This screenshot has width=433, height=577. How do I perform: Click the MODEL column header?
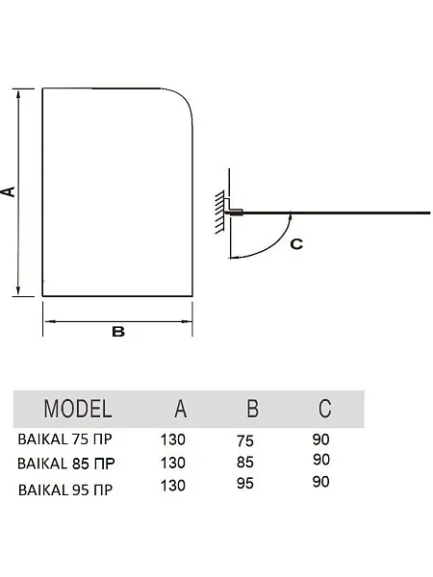[78, 409]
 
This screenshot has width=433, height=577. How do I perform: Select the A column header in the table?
[181, 409]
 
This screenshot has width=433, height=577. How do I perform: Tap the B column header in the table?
[252, 409]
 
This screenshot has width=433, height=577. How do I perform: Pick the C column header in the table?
[325, 409]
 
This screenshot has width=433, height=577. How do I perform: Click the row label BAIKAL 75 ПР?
[64, 439]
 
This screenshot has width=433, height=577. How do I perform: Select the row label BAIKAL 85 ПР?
[66, 464]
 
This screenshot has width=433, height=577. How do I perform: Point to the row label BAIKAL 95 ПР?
[65, 489]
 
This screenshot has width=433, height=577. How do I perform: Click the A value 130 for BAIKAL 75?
[172, 439]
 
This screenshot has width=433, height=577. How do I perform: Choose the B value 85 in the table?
[244, 463]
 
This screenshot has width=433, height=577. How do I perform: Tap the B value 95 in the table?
[244, 484]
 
